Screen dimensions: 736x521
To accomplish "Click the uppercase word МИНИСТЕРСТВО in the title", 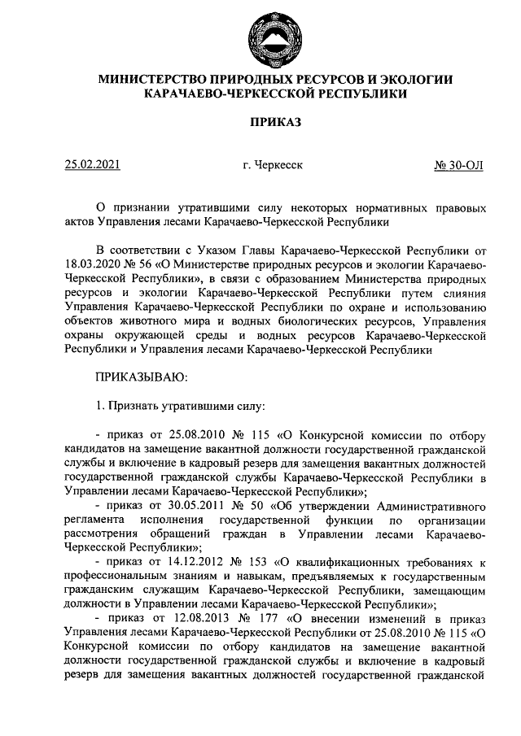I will pyautogui.click(x=151, y=80).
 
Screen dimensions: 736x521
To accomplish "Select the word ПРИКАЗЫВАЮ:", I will pyautogui.click(x=142, y=377).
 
